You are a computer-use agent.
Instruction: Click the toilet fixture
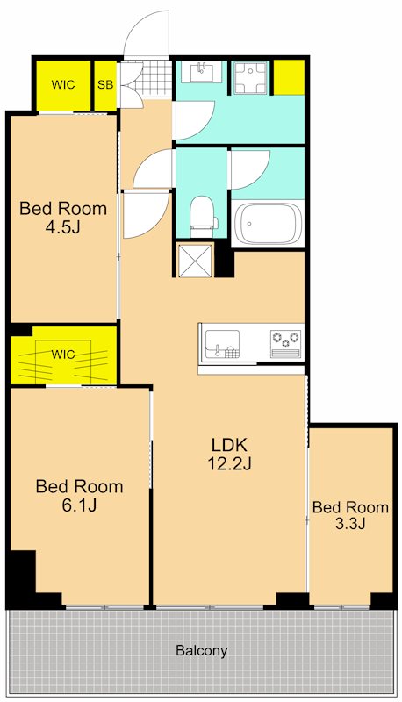click(204, 217)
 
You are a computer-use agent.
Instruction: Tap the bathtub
click(268, 224)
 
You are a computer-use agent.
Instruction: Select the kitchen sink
click(222, 344)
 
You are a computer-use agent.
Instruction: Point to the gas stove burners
click(286, 338)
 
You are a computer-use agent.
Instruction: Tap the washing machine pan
click(250, 77)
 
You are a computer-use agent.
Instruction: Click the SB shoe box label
click(105, 84)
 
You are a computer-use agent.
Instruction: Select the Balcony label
click(202, 650)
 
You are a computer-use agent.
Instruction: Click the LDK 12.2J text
click(229, 454)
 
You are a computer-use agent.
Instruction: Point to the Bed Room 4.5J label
click(63, 218)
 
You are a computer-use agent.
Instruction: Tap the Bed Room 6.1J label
click(79, 495)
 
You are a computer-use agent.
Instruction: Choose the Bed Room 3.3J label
click(350, 515)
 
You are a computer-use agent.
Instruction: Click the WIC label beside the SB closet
click(62, 84)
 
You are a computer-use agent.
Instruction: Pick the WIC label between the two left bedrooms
click(63, 355)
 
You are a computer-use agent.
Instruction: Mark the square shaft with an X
click(194, 259)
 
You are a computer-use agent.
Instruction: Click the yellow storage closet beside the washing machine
click(289, 76)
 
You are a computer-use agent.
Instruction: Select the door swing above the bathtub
click(250, 169)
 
